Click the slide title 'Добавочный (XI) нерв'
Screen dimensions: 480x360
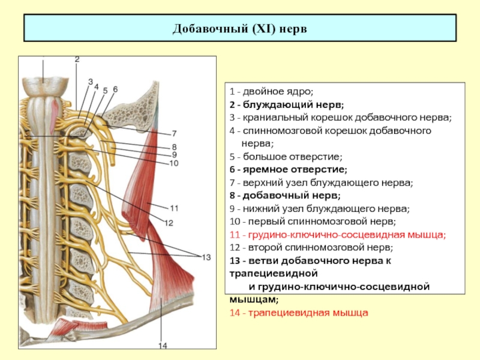239,29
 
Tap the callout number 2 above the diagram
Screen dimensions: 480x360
77,59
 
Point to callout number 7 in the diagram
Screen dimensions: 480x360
174,133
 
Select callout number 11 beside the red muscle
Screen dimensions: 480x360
174,208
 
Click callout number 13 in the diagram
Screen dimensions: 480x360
206,257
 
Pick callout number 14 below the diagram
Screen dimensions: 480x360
163,346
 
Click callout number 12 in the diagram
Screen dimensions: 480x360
169,223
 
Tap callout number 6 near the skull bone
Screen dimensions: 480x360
115,89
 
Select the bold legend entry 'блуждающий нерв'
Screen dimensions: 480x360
293,104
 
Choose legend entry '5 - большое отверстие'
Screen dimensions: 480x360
286,157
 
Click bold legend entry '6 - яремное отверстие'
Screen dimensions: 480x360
289,170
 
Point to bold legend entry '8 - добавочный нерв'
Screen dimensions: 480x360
285,196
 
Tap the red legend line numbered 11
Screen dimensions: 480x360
338,235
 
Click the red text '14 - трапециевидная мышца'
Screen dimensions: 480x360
299,313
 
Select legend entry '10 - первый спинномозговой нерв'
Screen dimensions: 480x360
313,221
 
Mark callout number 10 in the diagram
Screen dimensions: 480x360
173,163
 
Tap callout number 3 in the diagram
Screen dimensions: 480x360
91,82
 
